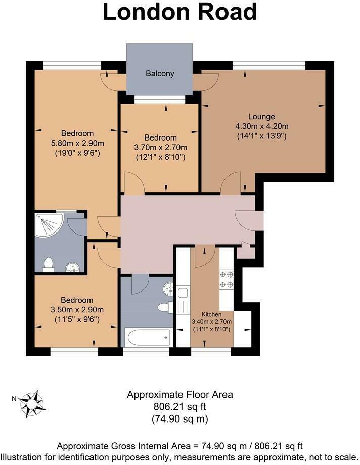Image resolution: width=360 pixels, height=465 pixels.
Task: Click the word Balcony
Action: [160, 74]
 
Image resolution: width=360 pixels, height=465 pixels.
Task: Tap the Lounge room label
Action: [261, 116]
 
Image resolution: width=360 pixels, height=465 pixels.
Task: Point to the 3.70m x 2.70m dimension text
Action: [161, 147]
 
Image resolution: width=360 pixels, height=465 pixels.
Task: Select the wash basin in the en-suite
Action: [72, 267]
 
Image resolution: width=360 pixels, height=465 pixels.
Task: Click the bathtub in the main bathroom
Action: [147, 336]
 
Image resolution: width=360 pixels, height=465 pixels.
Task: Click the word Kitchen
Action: [211, 314]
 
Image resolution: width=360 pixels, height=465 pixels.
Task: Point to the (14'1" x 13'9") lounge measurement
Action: [261, 135]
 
